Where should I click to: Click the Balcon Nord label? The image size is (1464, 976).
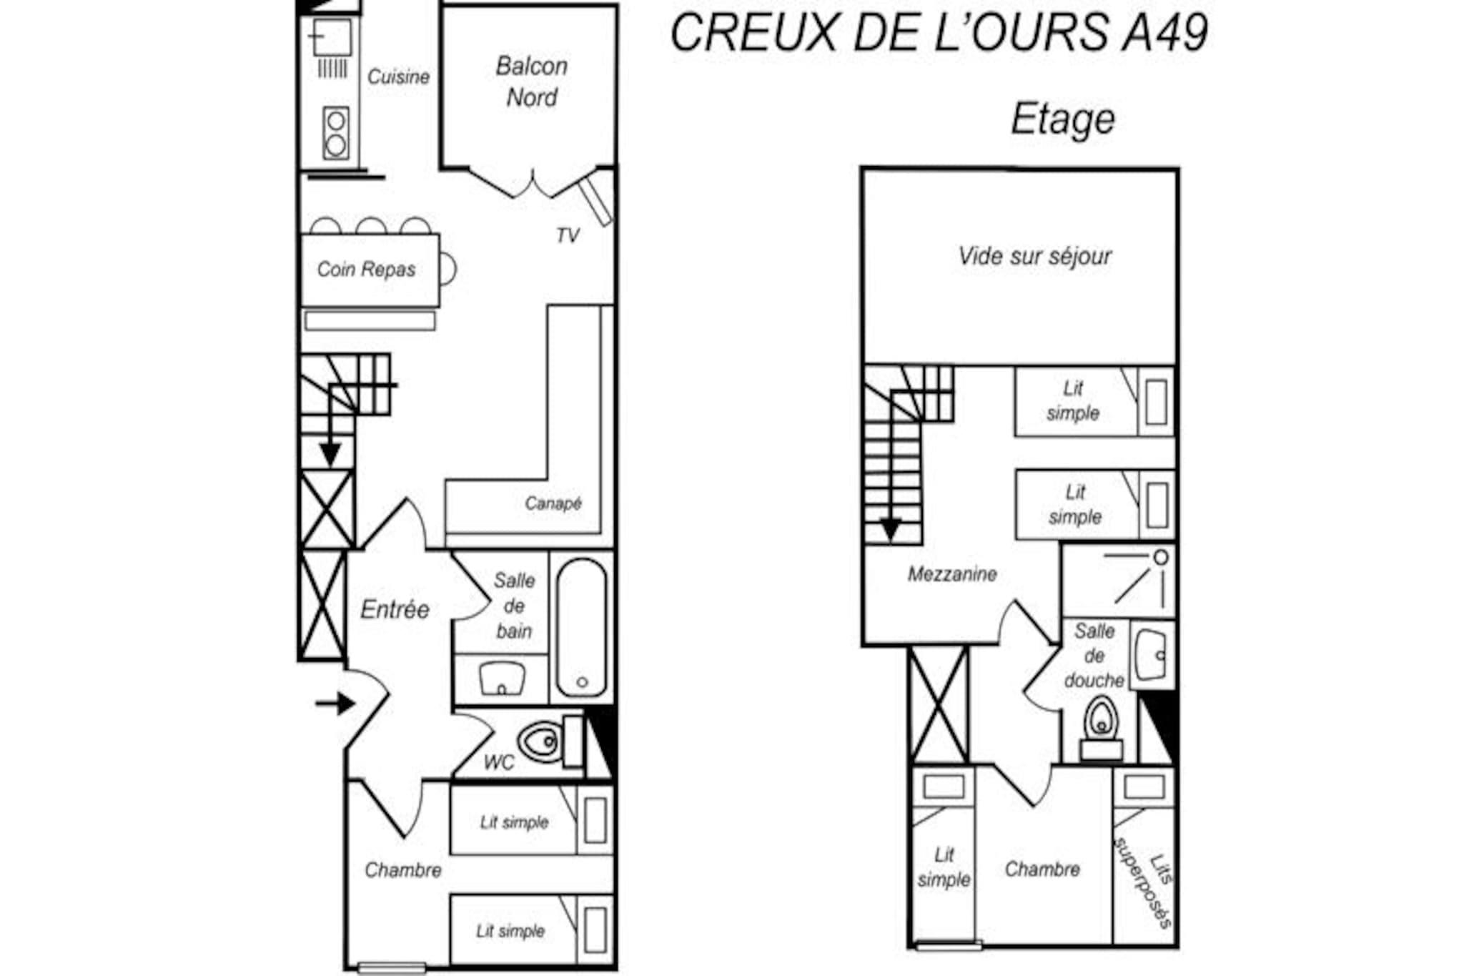coord(532,82)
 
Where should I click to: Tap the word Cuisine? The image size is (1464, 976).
coord(398,77)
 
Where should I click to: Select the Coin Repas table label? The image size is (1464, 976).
coord(366,269)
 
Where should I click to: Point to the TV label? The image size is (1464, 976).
coord(568,235)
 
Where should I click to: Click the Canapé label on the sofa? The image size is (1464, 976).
coord(553,503)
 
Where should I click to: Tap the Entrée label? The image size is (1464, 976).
coord(395,609)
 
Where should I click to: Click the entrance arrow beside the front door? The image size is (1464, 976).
coord(335,704)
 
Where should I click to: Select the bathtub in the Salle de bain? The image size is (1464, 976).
coord(582,627)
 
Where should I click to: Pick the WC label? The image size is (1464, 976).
coord(498,762)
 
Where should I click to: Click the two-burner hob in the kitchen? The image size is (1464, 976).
coord(335,133)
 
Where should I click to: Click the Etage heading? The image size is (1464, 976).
coord(1062,119)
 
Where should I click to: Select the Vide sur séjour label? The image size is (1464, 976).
coord(1034,256)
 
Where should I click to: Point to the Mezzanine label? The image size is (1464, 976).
coord(952,573)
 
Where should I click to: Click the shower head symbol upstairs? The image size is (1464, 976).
coord(1161,557)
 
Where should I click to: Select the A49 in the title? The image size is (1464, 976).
coord(1164,32)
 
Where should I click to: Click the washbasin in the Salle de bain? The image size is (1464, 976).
coord(502,678)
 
